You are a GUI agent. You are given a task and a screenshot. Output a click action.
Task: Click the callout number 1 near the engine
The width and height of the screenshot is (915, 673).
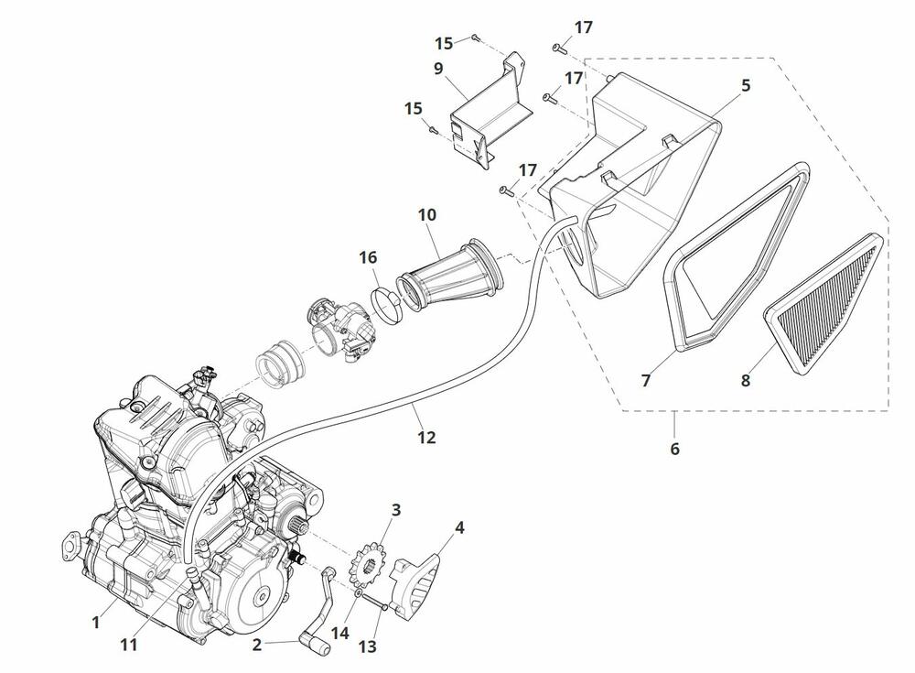(96, 623)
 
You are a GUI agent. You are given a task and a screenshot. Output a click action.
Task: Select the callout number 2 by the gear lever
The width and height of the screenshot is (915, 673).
(257, 645)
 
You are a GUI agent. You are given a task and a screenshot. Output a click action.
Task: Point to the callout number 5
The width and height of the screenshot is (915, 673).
(746, 85)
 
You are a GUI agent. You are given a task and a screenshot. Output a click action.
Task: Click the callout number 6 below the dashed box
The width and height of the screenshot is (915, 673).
(675, 449)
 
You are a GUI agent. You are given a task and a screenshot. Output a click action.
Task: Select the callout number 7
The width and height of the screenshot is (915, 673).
(646, 380)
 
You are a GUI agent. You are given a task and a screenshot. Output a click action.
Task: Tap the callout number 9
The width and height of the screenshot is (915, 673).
(438, 68)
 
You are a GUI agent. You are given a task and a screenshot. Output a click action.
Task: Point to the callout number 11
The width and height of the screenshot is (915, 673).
(129, 645)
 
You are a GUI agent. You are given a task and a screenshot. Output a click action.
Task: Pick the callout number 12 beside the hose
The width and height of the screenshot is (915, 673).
(425, 438)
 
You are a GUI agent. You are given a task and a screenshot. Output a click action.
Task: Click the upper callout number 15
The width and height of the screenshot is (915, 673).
(444, 43)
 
